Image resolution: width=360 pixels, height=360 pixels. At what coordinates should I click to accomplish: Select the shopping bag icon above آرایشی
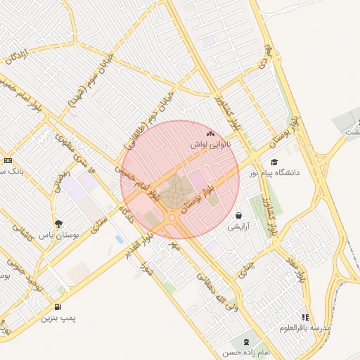[240, 216]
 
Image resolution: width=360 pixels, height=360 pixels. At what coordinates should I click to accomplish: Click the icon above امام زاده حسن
[245, 342]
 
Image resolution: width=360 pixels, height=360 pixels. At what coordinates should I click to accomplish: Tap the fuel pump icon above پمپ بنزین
[57, 307]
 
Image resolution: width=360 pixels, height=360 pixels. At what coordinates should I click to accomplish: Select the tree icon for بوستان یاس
[58, 224]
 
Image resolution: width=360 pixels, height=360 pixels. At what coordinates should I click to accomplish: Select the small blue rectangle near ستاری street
[119, 240]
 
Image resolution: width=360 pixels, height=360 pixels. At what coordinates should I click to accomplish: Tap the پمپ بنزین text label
[57, 318]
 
